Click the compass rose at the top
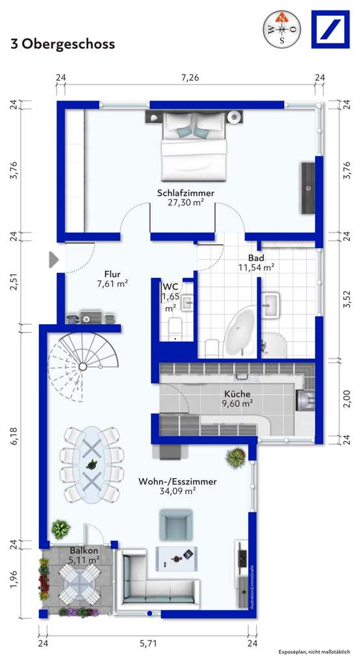tap(282, 29)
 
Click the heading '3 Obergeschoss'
tap(62, 44)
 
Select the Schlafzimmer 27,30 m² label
tap(185, 197)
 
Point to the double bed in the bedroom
tap(194, 145)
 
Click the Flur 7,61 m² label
tap(112, 279)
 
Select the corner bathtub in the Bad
tap(238, 331)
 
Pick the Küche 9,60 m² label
tap(238, 399)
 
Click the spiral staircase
tap(81, 363)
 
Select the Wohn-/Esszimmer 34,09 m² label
tap(177, 486)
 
